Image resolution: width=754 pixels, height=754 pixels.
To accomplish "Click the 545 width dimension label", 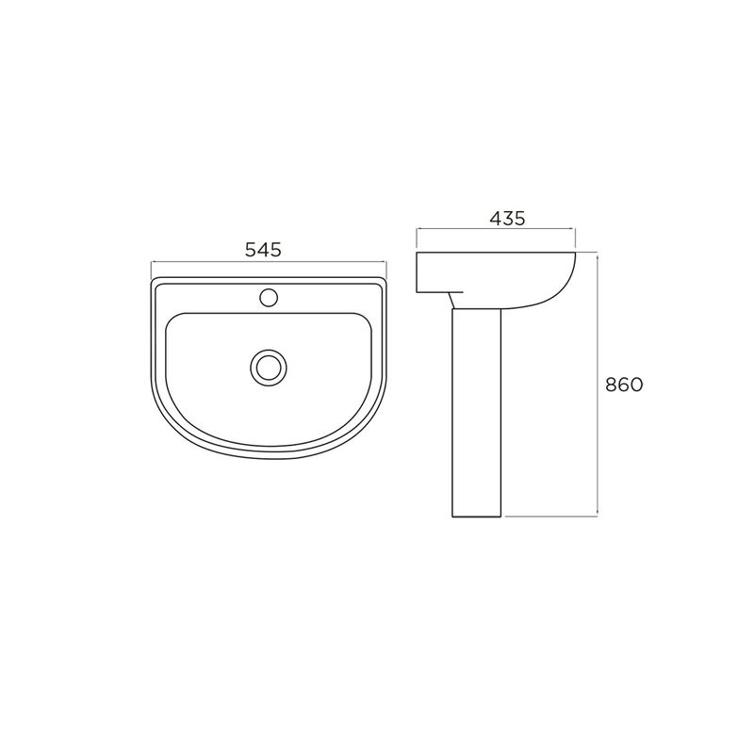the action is pyautogui.click(x=263, y=250).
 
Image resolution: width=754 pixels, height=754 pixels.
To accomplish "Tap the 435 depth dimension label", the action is pyautogui.click(x=508, y=219).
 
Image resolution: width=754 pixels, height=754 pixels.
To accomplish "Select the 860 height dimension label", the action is pyautogui.click(x=624, y=385).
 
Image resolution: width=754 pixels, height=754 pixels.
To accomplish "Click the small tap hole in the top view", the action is pyautogui.click(x=269, y=298).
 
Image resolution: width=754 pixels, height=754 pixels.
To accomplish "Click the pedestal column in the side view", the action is pyautogui.click(x=477, y=413).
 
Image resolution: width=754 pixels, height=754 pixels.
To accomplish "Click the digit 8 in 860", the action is pyautogui.click(x=611, y=385).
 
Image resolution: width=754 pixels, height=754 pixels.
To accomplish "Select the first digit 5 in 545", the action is pyautogui.click(x=251, y=250).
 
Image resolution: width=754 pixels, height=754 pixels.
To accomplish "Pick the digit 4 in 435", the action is pyautogui.click(x=496, y=219).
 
